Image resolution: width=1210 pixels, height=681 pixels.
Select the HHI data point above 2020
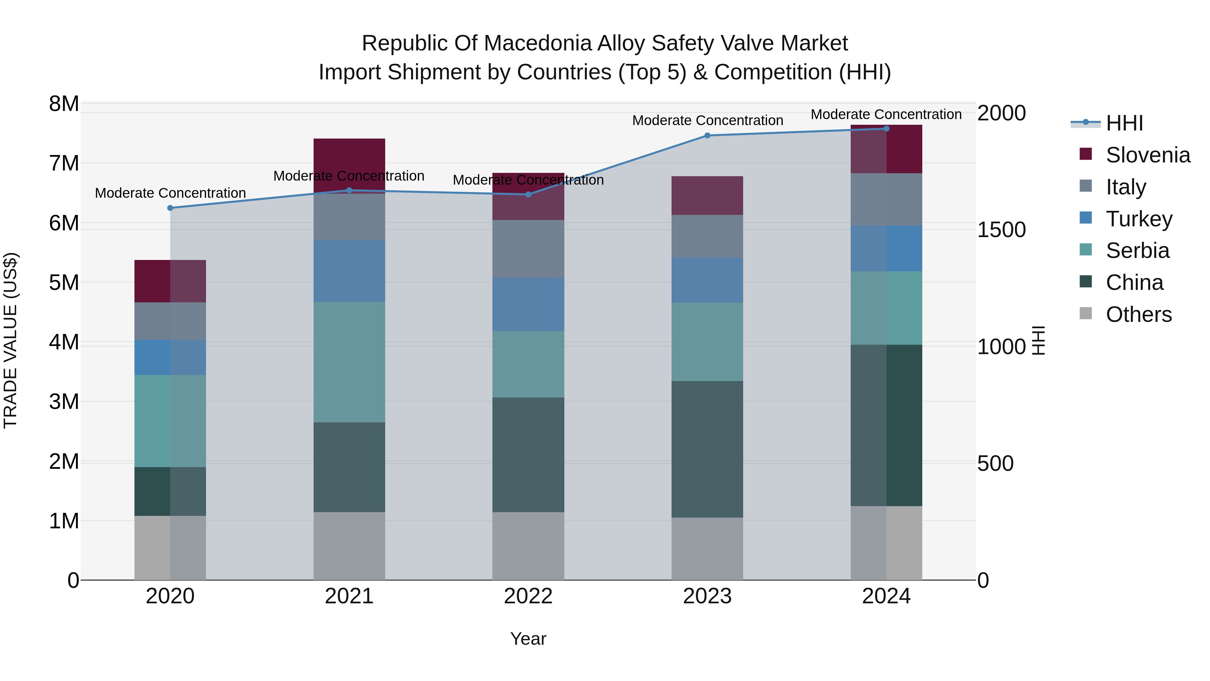(x=170, y=208)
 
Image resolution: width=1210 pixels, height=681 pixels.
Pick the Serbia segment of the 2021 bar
(x=349, y=362)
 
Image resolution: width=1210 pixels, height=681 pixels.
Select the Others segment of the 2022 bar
(x=528, y=546)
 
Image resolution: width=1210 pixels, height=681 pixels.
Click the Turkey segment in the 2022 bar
(x=528, y=305)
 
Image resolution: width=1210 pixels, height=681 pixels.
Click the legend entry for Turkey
(x=1139, y=219)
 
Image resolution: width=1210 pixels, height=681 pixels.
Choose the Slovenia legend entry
(x=1147, y=155)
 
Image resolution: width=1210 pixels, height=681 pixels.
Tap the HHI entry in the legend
(x=1124, y=123)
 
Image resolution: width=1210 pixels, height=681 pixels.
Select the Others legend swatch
(x=1086, y=313)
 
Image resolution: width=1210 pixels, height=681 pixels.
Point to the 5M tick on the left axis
(x=64, y=282)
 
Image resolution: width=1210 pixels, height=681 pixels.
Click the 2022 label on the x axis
(x=528, y=596)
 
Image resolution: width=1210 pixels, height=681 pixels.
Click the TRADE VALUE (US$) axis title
(x=10, y=340)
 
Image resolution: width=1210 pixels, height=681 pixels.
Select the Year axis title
(x=528, y=639)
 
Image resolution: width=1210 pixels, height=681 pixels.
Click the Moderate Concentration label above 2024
(x=886, y=114)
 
